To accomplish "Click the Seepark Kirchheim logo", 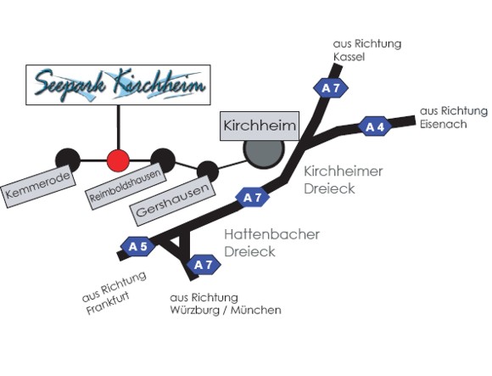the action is [x=118, y=85].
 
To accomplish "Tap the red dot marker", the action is [x=118, y=160].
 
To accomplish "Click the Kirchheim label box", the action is [x=260, y=126].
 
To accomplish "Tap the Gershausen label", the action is [x=172, y=200].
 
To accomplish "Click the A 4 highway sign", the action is [x=375, y=126].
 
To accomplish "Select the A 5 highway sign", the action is [x=138, y=247].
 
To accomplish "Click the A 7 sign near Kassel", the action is [x=331, y=88].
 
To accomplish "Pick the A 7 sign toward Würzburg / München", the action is [x=204, y=265].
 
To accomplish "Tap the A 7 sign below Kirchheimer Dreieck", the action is [x=253, y=198].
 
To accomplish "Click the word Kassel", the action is [x=349, y=57].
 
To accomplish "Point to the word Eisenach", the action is [x=444, y=124].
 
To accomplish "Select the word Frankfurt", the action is [x=108, y=303].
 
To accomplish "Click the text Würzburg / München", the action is [x=226, y=310].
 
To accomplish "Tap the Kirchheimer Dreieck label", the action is [x=344, y=180].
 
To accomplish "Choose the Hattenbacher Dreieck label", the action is [x=271, y=243].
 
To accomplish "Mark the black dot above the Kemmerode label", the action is [x=68, y=160].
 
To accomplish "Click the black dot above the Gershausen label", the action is [x=208, y=171].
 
